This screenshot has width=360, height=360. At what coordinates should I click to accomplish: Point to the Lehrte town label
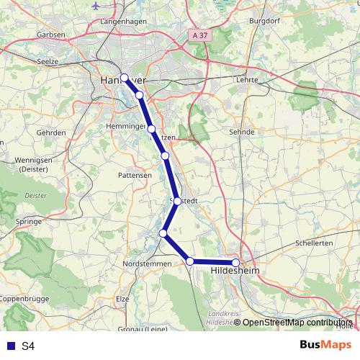(x=246, y=81)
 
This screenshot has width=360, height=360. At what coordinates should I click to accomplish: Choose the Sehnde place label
(x=241, y=132)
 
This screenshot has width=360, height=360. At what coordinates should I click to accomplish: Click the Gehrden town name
(x=51, y=133)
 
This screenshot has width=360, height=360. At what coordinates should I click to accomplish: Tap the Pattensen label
(x=135, y=175)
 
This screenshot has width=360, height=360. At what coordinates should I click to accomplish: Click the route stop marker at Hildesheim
(x=235, y=263)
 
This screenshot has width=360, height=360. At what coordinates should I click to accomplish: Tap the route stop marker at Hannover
(x=124, y=78)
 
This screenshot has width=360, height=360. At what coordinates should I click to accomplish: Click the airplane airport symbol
(x=96, y=5)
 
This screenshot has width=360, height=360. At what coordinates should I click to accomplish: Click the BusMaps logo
(x=325, y=345)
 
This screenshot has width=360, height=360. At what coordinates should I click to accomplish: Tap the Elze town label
(x=122, y=298)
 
